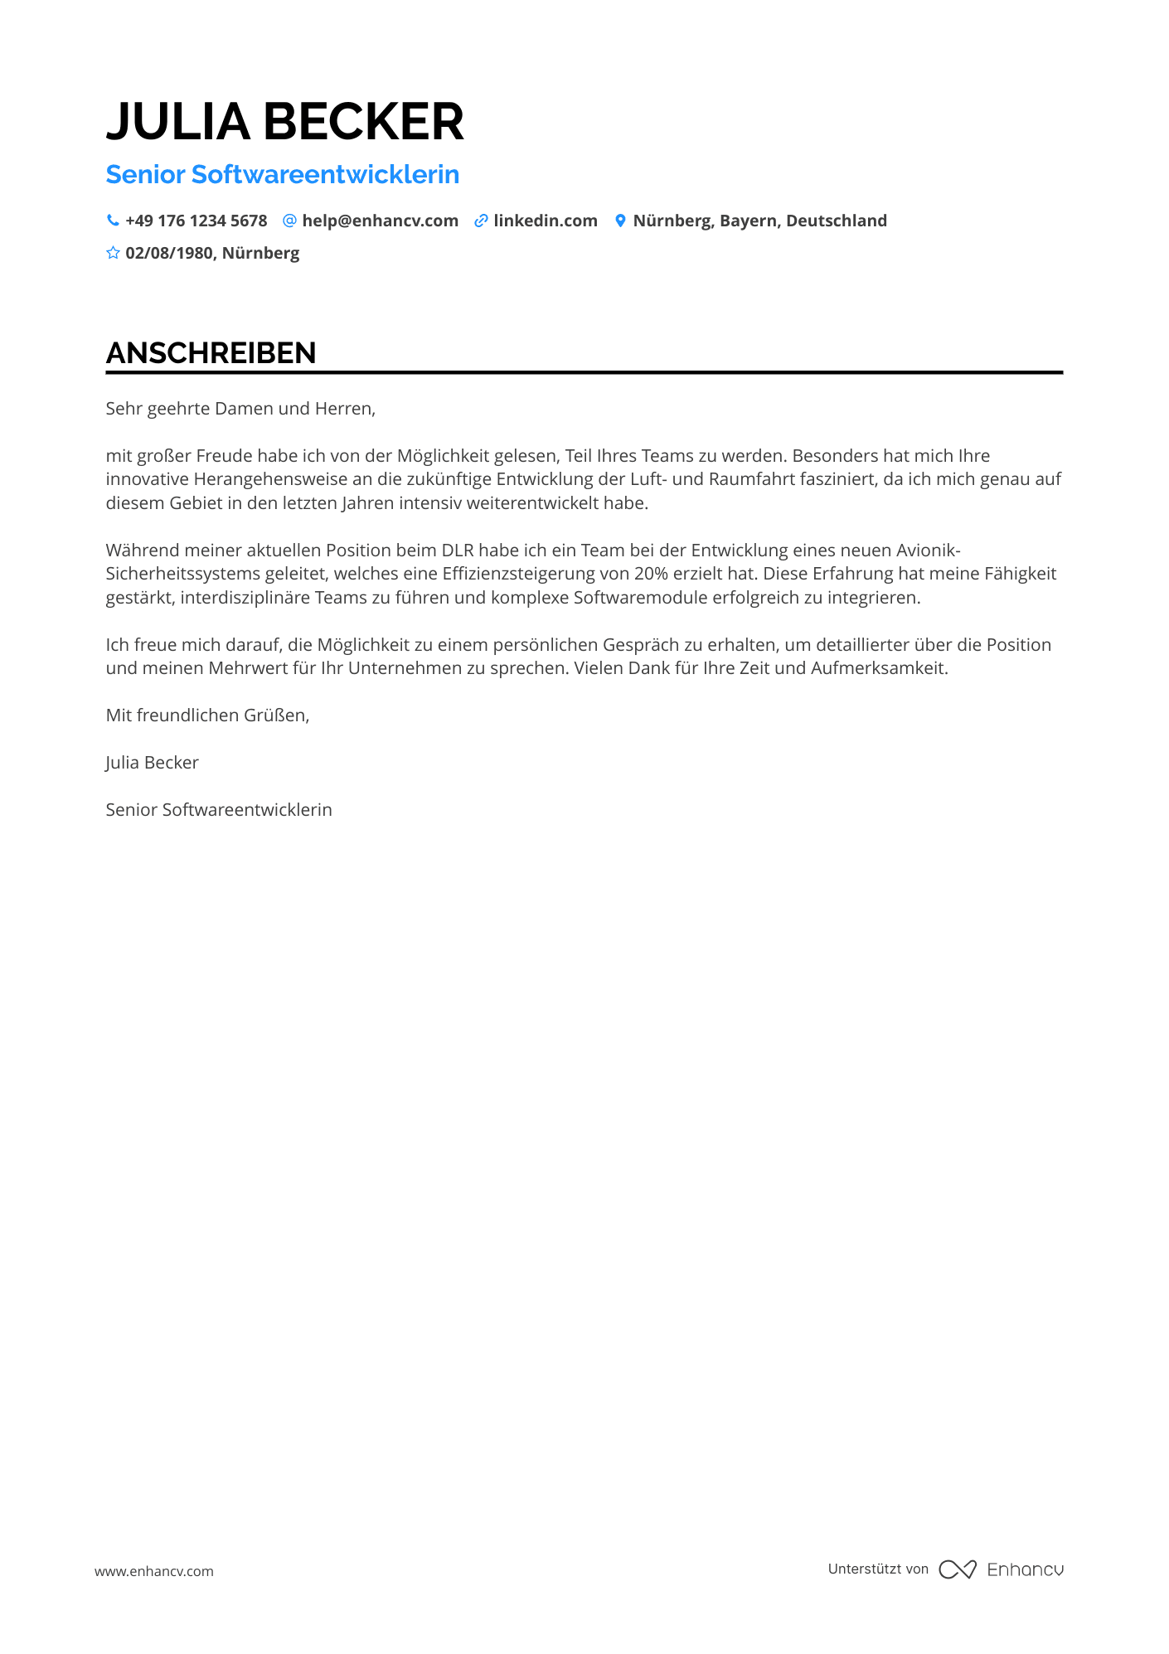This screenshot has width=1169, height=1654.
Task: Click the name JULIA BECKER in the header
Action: tap(284, 122)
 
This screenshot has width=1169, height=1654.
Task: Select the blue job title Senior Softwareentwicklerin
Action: tap(282, 175)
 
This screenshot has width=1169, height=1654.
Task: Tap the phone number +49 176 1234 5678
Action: tap(196, 221)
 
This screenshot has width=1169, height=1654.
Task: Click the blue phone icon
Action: tap(113, 221)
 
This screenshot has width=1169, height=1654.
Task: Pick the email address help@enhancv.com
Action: tap(380, 221)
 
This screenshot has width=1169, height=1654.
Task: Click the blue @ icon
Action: tap(289, 221)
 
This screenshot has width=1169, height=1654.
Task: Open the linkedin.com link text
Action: tap(545, 221)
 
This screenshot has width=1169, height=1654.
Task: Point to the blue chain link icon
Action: tap(481, 221)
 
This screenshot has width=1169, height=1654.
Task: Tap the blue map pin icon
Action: tap(620, 221)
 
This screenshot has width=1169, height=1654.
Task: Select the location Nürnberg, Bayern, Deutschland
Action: tap(759, 221)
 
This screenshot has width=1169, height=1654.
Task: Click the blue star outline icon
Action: tap(113, 253)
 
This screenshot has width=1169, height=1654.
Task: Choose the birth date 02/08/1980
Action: tap(169, 254)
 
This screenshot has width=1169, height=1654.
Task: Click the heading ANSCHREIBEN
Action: tap(211, 353)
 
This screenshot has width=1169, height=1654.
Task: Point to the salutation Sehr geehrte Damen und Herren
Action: tap(240, 409)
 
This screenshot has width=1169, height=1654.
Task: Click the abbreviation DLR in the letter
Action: tap(457, 551)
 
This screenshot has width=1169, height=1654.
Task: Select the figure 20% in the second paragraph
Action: tap(651, 574)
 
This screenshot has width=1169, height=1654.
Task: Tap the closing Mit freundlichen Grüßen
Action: tap(207, 715)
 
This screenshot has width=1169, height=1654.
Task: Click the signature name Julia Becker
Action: tap(152, 763)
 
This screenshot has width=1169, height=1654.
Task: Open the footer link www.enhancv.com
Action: tap(153, 1571)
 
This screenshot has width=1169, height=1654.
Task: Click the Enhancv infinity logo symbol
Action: tap(957, 1569)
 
